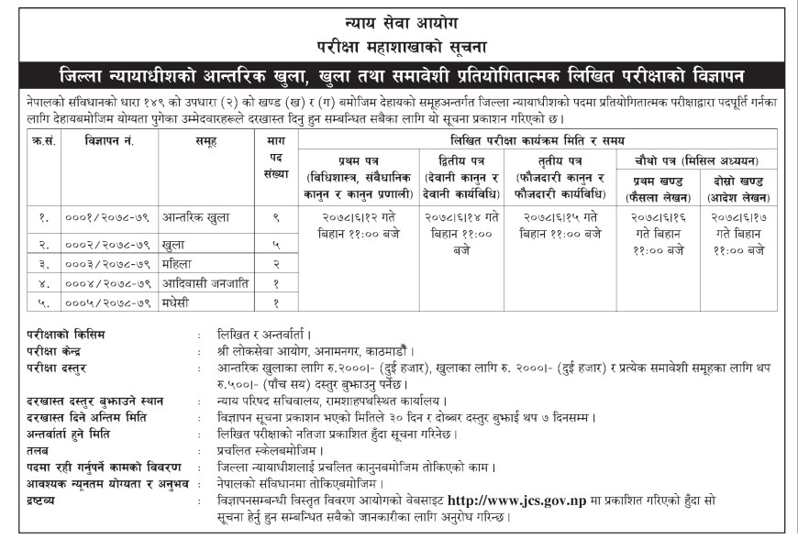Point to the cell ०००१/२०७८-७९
[x=107, y=218]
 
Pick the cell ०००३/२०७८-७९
[x=107, y=264]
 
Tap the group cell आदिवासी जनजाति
[x=202, y=283]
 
